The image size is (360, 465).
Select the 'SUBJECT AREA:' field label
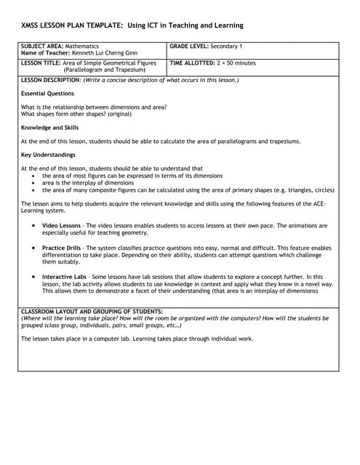tap(43, 46)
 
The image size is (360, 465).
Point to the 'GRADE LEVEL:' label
tap(189, 46)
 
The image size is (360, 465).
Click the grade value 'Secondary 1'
tap(227, 46)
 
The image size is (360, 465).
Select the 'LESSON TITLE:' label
tap(41, 63)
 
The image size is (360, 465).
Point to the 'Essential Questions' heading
tap(47, 94)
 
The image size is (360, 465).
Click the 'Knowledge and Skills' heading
tap(49, 128)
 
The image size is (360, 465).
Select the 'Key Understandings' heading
tap(48, 155)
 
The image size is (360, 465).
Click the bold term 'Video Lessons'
tap(61, 226)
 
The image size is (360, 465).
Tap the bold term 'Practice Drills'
tap(63, 248)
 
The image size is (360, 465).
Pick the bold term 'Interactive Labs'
tap(65, 277)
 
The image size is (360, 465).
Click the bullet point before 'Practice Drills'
tap(34, 248)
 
